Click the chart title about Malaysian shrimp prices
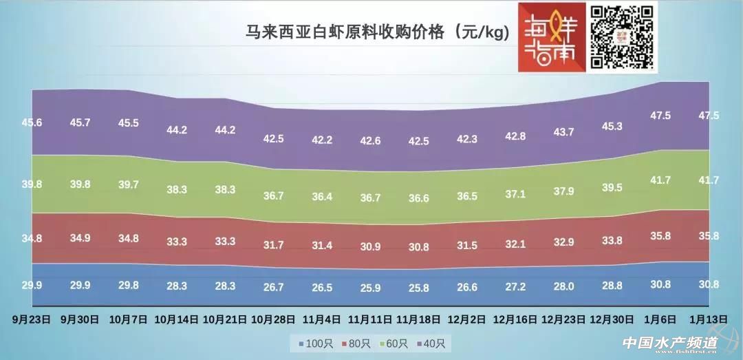pos(378,32)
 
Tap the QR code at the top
pos(623,36)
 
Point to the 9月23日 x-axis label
pos(32,320)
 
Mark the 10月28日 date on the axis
pos(273,320)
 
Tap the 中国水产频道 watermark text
pos(669,343)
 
